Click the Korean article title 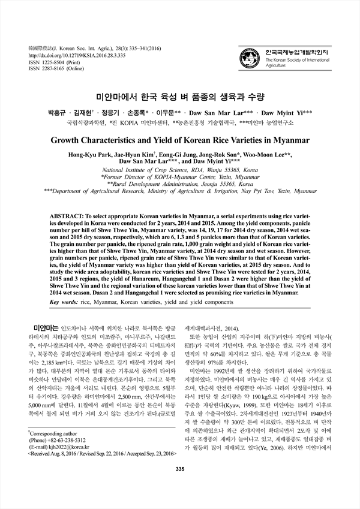pos(180,97)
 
